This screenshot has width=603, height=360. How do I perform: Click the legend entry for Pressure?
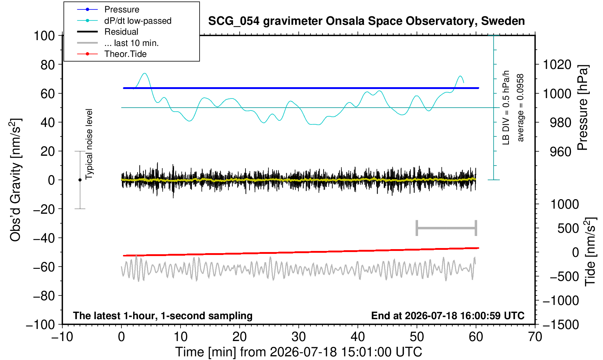point(122,10)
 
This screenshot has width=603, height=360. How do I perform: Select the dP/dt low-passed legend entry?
point(138,21)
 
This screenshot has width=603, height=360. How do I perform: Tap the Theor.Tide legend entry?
point(125,54)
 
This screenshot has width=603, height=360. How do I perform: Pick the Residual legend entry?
point(121,32)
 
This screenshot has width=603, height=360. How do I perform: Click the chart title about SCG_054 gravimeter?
point(366,21)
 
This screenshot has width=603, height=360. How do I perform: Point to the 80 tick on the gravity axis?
point(48,65)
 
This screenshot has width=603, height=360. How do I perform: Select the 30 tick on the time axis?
point(298,337)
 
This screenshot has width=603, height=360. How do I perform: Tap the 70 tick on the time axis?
point(535,337)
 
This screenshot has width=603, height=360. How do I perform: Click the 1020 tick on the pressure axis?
point(557,65)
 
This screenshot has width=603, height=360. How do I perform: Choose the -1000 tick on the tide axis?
point(561,301)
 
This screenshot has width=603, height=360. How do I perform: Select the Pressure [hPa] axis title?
point(583,108)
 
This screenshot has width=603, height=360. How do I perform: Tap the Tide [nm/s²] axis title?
point(590,252)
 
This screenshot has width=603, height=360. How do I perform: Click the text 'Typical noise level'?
point(89,144)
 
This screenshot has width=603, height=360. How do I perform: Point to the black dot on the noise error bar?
point(80,180)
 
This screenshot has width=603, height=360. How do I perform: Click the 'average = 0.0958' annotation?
point(520,108)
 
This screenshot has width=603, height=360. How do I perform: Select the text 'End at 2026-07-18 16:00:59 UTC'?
point(448,316)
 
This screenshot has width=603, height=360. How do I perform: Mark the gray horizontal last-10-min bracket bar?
point(447,228)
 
